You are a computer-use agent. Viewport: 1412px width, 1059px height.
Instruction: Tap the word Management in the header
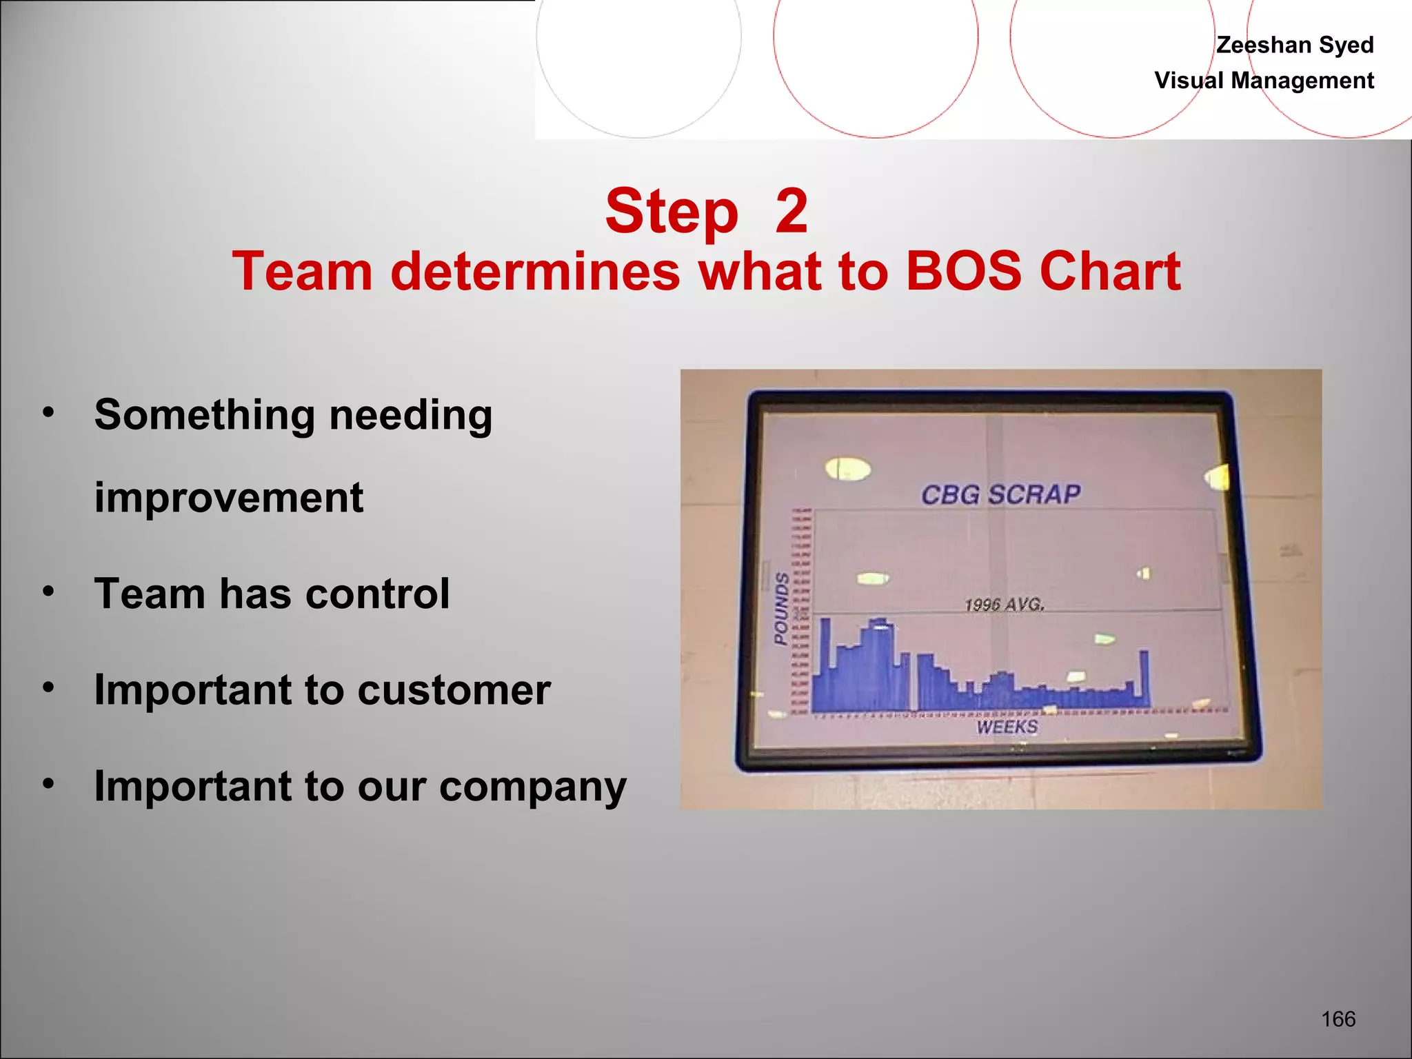pyautogui.click(x=1302, y=81)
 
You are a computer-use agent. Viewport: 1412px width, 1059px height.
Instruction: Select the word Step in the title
pyautogui.click(x=672, y=212)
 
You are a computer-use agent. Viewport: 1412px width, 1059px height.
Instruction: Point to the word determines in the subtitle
pyautogui.click(x=535, y=272)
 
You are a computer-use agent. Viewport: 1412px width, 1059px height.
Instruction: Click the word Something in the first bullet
pyautogui.click(x=204, y=415)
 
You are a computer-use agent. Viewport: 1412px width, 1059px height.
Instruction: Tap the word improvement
pyautogui.click(x=228, y=498)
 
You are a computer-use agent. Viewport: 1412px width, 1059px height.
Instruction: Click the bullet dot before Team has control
pyautogui.click(x=48, y=592)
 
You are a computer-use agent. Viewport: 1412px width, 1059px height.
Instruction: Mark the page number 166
pyautogui.click(x=1338, y=1019)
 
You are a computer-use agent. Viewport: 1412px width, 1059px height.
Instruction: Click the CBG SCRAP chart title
pyautogui.click(x=1000, y=494)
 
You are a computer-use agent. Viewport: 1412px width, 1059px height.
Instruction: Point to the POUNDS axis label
pyautogui.click(x=781, y=608)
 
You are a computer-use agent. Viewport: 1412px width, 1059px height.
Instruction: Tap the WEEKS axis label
pyautogui.click(x=1007, y=727)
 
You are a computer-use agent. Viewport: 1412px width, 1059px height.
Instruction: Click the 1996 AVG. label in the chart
pyautogui.click(x=1004, y=605)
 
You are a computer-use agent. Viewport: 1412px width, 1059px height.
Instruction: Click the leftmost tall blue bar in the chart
pyautogui.click(x=825, y=662)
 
